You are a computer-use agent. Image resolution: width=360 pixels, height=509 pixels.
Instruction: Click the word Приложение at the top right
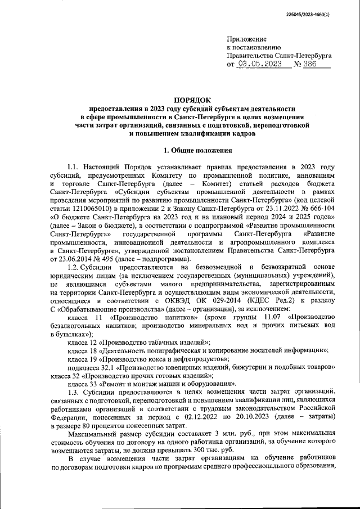(246, 39)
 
